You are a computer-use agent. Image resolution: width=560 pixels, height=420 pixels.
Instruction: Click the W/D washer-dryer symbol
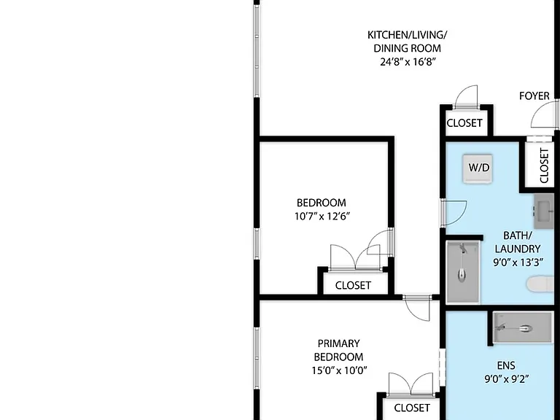(478, 168)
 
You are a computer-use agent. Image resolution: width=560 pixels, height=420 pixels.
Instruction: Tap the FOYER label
(534, 96)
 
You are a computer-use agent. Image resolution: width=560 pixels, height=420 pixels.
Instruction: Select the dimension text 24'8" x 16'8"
(408, 62)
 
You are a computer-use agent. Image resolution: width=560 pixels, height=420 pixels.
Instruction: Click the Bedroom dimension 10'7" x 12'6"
(322, 217)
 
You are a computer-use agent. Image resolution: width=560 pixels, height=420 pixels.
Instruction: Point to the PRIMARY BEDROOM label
(338, 350)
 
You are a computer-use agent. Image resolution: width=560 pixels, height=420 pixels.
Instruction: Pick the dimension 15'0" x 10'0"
(339, 370)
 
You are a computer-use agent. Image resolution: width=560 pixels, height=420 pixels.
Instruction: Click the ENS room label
(506, 366)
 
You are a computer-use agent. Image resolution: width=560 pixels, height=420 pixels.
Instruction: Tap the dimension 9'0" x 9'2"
(506, 379)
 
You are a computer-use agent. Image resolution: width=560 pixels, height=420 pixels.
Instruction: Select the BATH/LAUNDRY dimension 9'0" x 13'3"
(518, 262)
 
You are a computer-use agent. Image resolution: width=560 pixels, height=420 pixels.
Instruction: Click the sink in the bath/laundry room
(544, 211)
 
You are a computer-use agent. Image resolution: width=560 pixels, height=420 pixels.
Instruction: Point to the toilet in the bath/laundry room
(540, 284)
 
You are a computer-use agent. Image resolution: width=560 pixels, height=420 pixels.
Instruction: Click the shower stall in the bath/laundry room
(463, 271)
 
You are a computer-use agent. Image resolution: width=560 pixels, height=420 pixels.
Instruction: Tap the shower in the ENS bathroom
(523, 328)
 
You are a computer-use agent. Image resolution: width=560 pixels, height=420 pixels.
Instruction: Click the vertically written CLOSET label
(544, 166)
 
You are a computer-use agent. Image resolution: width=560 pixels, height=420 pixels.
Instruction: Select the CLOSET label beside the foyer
(464, 123)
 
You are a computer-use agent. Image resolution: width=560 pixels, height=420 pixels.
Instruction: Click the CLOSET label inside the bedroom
(353, 285)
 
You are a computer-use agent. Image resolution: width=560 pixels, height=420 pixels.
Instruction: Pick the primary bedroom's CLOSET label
(412, 408)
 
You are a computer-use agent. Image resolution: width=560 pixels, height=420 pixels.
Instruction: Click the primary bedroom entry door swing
(417, 308)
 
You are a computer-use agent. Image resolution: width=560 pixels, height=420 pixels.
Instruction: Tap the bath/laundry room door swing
(454, 213)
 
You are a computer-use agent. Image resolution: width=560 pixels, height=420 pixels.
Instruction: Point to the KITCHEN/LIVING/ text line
(407, 35)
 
